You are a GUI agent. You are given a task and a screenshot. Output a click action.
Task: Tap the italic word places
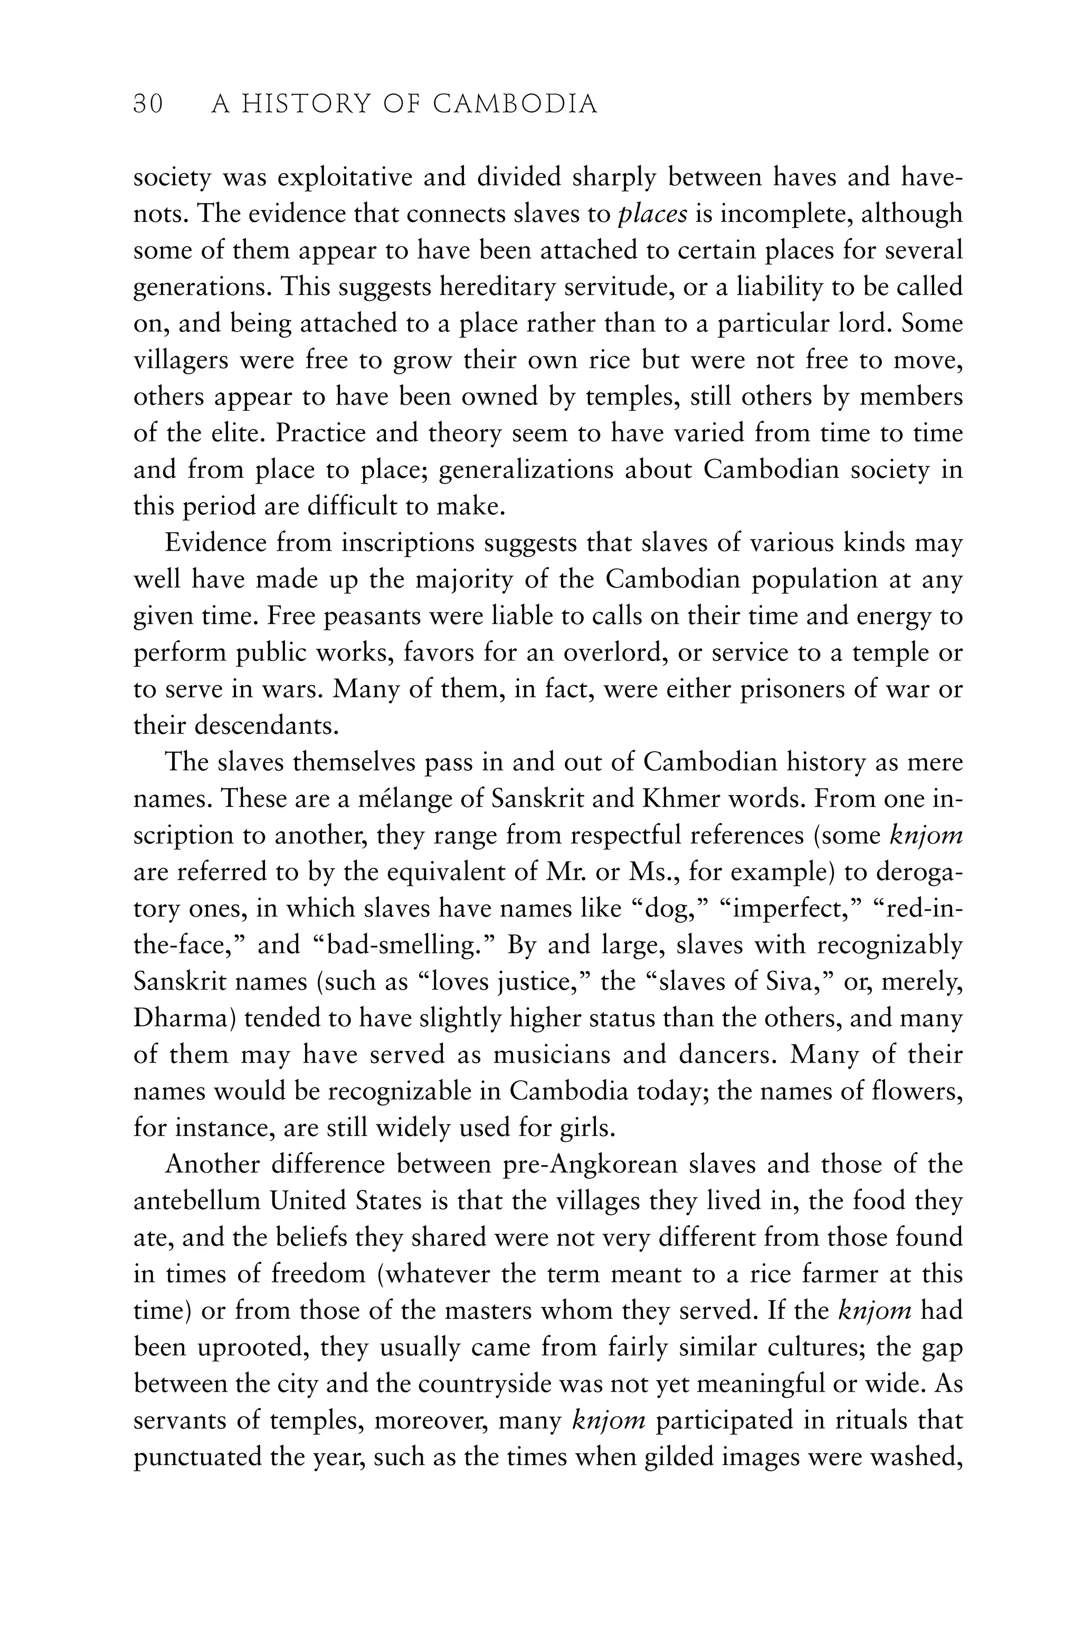coord(652,214)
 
